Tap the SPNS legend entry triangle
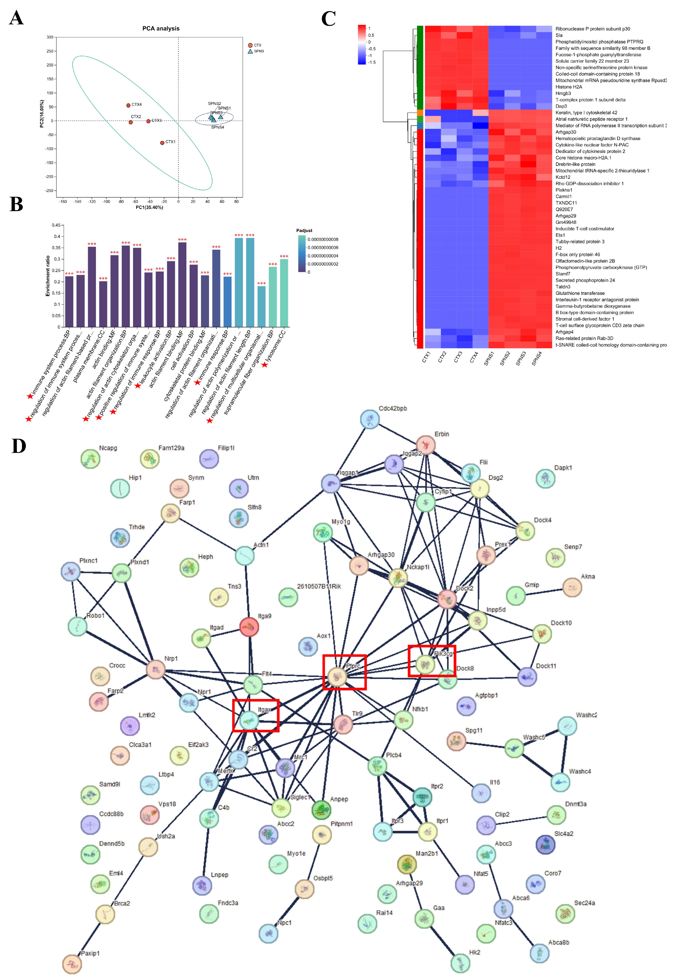250,51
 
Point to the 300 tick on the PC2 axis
50,37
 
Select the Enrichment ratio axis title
48,276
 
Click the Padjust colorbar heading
304,231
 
